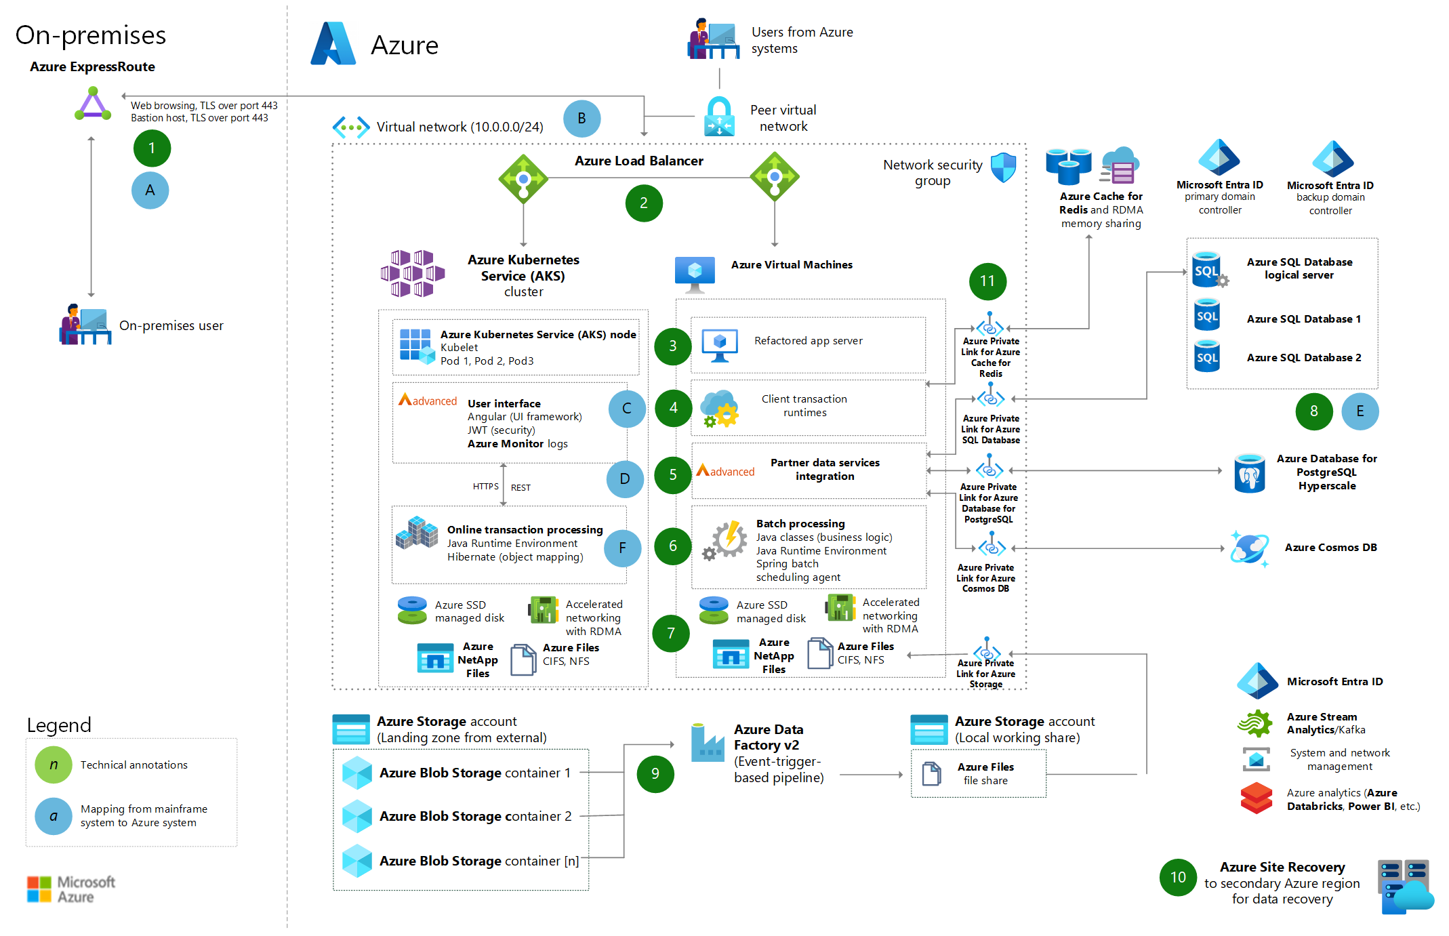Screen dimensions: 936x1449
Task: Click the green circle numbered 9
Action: (655, 773)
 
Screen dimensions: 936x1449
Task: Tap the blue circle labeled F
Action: (622, 548)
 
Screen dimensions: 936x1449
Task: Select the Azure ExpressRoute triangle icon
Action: (93, 106)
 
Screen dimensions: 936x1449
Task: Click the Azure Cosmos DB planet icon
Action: (1249, 548)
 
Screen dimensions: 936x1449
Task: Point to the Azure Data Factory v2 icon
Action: (708, 744)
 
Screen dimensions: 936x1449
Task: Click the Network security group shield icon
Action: (1003, 167)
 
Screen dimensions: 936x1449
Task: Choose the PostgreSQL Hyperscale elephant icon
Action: (1249, 473)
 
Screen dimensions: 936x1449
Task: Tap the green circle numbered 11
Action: (987, 281)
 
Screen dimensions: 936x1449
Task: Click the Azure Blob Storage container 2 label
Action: (475, 816)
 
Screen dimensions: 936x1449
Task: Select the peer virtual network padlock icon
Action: (719, 116)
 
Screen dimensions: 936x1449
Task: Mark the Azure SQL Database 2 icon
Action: (1207, 357)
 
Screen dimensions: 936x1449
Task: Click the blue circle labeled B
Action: (581, 119)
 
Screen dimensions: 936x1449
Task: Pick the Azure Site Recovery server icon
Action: (1405, 885)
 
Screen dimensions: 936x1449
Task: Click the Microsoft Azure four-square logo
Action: (39, 889)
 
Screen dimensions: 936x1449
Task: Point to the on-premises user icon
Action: (85, 325)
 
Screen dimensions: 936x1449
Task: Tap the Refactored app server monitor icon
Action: (720, 345)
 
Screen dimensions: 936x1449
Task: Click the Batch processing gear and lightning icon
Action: (727, 540)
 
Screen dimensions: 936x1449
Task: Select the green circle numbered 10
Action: (1178, 877)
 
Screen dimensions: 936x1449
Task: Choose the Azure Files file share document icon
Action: (932, 773)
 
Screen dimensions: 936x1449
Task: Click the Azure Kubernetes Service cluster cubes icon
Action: (412, 274)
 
